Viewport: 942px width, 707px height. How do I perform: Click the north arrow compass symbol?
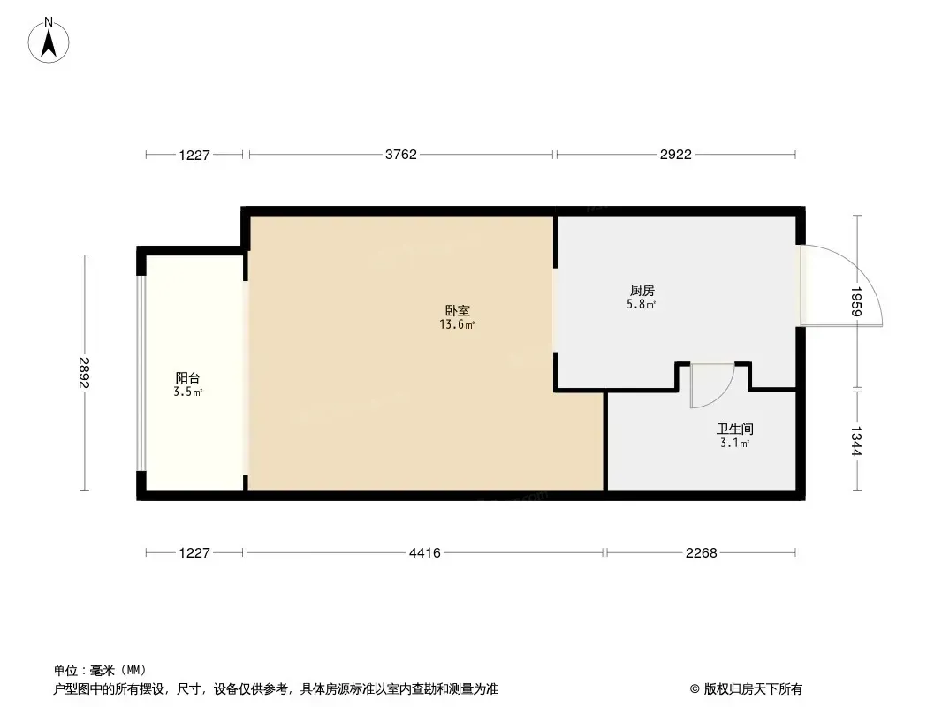[49, 41]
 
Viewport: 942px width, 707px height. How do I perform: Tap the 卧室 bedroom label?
[457, 310]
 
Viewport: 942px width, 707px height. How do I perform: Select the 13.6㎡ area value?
[457, 325]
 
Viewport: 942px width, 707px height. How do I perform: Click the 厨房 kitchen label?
[642, 290]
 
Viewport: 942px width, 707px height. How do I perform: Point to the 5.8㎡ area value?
[641, 305]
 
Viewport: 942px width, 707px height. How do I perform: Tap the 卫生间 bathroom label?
[734, 429]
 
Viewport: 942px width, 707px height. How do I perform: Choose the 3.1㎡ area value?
[734, 444]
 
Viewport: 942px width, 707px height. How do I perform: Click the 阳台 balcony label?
[187, 378]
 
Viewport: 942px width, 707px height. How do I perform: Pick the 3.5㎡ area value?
[187, 392]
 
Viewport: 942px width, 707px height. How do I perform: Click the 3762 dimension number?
[400, 155]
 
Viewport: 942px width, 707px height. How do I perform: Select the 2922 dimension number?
[676, 155]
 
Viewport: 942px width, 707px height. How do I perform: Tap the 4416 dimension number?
[425, 552]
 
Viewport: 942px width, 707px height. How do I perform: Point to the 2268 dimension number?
[701, 552]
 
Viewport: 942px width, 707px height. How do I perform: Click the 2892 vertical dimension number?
[83, 372]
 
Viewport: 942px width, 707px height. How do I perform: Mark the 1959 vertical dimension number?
[856, 301]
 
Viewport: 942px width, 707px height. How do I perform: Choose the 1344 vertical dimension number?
[856, 442]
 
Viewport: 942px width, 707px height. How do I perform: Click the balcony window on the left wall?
[141, 373]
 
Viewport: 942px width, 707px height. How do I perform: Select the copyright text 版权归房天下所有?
[753, 689]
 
